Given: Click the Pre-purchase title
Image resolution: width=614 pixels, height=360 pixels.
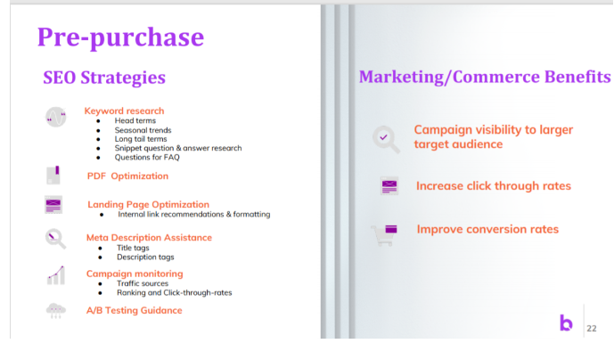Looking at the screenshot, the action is click(120, 37).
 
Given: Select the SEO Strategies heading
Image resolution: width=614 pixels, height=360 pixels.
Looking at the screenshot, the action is click(104, 78).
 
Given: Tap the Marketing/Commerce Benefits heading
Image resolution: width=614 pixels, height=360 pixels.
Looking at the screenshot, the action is click(485, 77).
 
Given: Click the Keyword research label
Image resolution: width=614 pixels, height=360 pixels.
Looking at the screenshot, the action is click(124, 110).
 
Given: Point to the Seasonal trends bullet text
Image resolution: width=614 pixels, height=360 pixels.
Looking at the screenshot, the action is click(143, 130).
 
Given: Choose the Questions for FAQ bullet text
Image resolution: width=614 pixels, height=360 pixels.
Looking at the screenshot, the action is click(147, 157).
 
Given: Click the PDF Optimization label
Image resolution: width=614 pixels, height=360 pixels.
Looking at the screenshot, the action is click(127, 176).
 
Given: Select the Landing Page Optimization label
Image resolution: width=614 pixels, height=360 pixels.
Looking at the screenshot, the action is click(149, 204).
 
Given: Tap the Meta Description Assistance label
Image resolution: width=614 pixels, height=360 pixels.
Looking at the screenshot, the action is click(149, 237).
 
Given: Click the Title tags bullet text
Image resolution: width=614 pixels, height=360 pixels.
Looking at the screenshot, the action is click(133, 248).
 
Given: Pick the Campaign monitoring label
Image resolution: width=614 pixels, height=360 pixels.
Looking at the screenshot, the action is click(135, 274).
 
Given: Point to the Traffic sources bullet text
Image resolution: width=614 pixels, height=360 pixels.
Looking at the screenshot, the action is click(143, 283).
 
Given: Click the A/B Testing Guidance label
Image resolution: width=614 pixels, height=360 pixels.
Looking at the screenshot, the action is click(135, 310).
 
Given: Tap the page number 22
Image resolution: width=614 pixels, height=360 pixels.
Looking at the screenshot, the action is click(592, 328).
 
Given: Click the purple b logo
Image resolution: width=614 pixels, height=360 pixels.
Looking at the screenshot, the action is click(566, 323).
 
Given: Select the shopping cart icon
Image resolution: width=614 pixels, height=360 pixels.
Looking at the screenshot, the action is click(384, 235).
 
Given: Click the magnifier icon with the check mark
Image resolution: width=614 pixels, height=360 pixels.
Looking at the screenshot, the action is click(386, 139).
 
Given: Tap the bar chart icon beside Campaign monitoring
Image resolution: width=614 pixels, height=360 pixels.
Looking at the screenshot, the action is click(56, 275).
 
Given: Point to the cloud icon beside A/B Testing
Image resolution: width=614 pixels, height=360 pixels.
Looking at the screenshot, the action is click(56, 311).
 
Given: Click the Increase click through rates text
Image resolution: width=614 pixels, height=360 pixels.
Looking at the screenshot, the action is click(494, 185).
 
